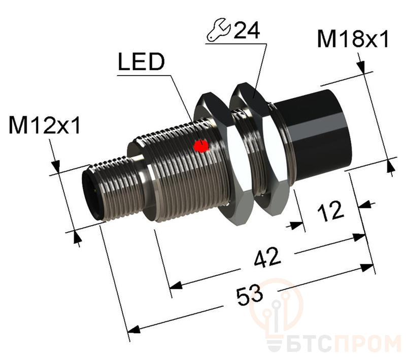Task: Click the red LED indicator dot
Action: tap(201, 146)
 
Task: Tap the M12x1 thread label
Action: tap(45, 125)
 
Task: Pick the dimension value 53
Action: tap(248, 293)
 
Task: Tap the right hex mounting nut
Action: tap(259, 147)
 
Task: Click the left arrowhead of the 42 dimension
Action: tap(175, 286)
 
